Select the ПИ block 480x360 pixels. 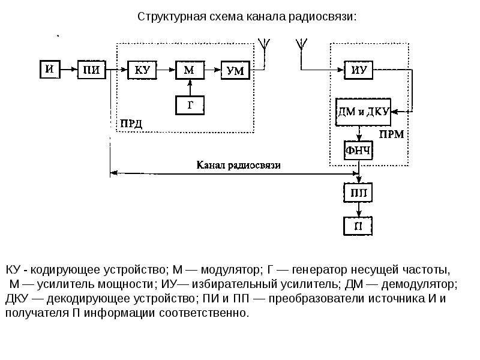click(x=92, y=70)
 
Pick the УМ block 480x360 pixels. click(x=235, y=70)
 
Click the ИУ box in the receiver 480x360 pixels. click(x=359, y=70)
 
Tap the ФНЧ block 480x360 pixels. click(x=359, y=150)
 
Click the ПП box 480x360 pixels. click(x=359, y=193)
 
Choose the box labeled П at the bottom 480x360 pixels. click(x=359, y=226)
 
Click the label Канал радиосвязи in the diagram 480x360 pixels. click(x=238, y=164)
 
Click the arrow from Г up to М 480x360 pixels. click(x=190, y=87)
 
